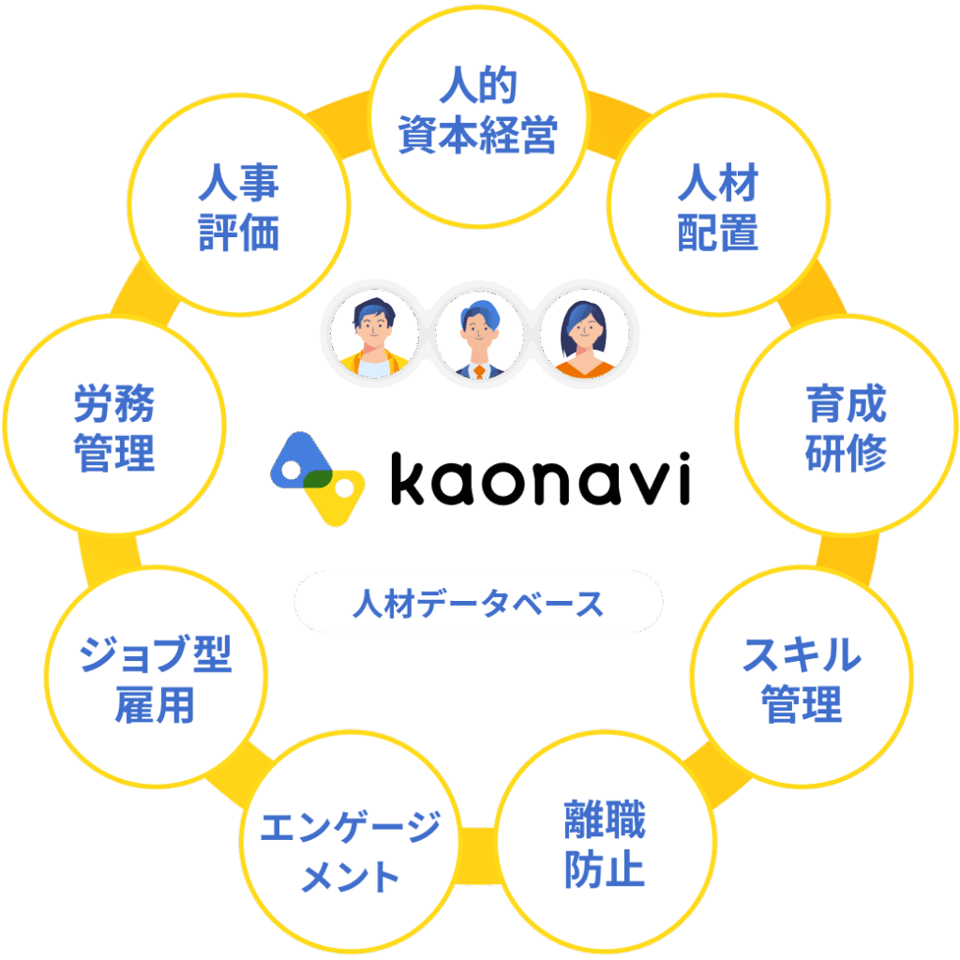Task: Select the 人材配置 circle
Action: coord(718,209)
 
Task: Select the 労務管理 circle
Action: coord(114,430)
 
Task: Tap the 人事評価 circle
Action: coord(239,209)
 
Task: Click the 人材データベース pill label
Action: coord(478,603)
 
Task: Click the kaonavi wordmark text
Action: coord(540,479)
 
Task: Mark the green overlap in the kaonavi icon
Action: coord(317,479)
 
